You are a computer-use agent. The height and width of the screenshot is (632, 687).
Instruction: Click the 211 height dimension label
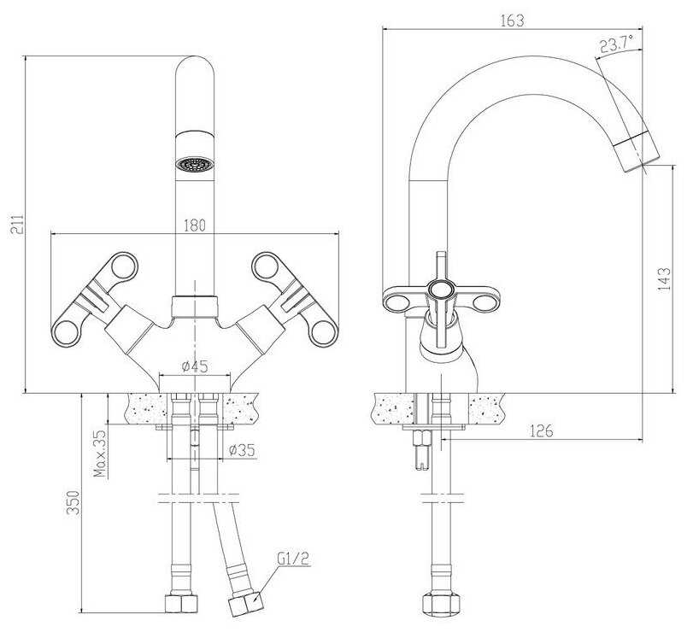point(15,225)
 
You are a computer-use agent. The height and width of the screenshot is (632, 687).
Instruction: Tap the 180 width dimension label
point(195,225)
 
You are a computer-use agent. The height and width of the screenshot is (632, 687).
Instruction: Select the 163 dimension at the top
point(512,20)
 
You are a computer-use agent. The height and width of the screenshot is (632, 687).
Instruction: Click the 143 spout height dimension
point(664,279)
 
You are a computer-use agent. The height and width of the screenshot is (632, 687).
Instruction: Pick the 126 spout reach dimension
point(542,431)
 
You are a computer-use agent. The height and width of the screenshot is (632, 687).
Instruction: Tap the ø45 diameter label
point(195,366)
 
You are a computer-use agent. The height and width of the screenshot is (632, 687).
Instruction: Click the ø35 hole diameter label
point(242,450)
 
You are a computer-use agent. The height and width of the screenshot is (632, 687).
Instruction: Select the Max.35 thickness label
point(100,454)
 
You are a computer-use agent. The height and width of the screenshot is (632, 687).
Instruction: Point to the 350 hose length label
point(73,502)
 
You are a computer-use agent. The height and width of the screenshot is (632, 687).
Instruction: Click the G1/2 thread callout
point(293,559)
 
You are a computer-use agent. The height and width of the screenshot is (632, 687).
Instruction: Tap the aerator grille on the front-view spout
point(194,164)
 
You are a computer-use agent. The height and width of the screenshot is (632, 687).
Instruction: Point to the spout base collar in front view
point(194,306)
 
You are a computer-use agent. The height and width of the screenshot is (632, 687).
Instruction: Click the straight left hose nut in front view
point(182,603)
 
